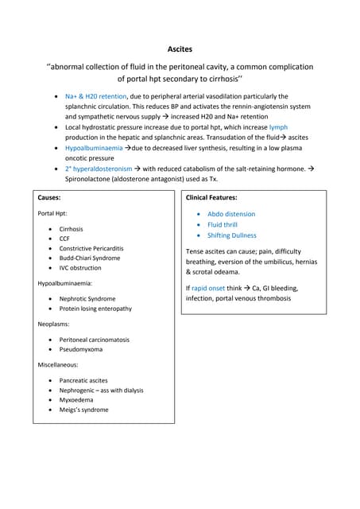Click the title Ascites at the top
pos(180,49)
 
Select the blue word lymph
pos(278,127)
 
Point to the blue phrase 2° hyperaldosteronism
pos(99,169)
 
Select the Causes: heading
pos(52,196)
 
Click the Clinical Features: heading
pos(211,196)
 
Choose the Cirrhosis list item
pos(71,229)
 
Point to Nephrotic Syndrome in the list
pos(87,299)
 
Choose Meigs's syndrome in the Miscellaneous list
pos(83,410)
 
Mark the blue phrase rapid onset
pos(211,288)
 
